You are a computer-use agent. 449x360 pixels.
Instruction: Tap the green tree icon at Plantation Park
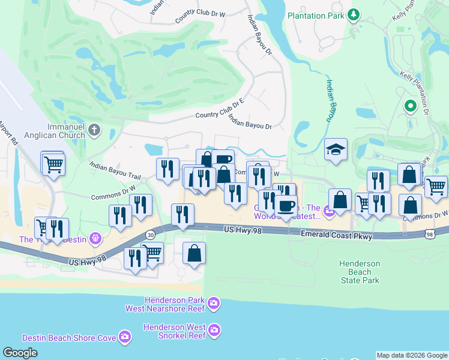coord(354,14)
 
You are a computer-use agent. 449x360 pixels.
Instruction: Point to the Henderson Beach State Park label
coord(360,272)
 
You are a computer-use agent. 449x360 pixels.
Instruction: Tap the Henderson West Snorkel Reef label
coord(174,331)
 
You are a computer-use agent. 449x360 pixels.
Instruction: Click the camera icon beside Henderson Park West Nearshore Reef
coord(214,305)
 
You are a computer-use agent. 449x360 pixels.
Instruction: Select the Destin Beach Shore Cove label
coord(69,338)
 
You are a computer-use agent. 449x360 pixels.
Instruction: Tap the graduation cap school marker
coord(336,150)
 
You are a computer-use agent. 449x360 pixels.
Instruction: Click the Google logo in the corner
coord(20,353)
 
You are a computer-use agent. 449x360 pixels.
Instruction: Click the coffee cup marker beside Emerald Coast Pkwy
coord(286,206)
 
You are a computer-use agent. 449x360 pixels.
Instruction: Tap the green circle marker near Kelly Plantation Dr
coord(411,107)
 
